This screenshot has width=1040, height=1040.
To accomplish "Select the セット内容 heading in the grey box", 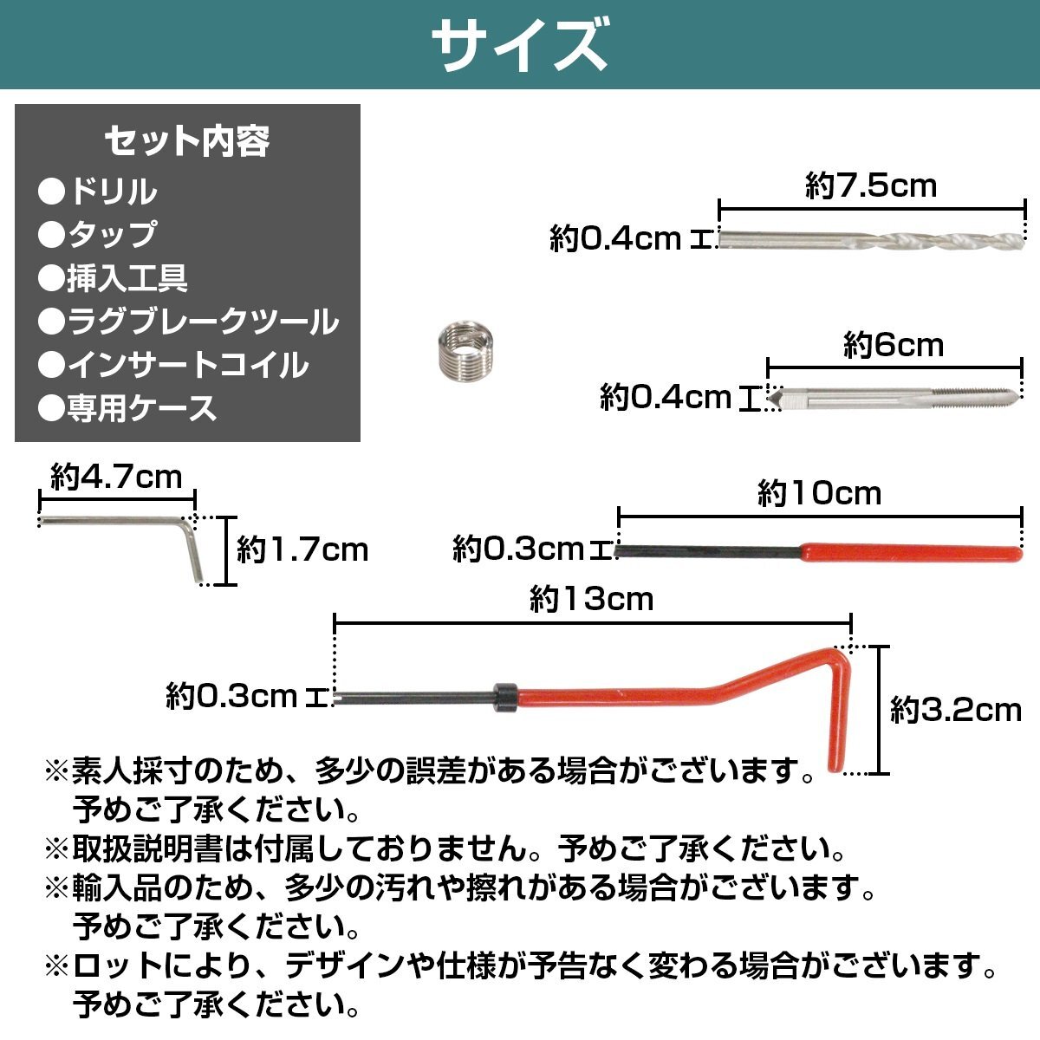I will click(x=187, y=140).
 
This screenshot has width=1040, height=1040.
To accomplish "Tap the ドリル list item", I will click(x=98, y=192).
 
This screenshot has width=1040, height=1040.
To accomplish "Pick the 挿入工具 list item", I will click(x=113, y=278).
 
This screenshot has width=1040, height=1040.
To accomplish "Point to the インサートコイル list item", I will click(x=173, y=365).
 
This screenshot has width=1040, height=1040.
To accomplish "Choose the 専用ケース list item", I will click(x=128, y=408).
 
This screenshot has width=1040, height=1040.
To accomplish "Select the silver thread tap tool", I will click(x=893, y=399).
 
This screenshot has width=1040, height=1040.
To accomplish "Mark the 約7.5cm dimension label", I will click(x=871, y=185).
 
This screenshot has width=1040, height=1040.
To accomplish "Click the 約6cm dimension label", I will click(x=893, y=346).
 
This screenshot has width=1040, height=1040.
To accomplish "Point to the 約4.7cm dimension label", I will click(x=116, y=477).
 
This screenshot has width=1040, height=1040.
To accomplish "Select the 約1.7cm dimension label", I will click(x=302, y=549).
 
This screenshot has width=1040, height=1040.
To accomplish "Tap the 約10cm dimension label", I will click(x=819, y=494).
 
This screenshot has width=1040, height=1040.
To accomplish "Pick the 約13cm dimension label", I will click(x=591, y=599).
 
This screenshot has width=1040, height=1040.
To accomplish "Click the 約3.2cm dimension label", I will click(x=956, y=711).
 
